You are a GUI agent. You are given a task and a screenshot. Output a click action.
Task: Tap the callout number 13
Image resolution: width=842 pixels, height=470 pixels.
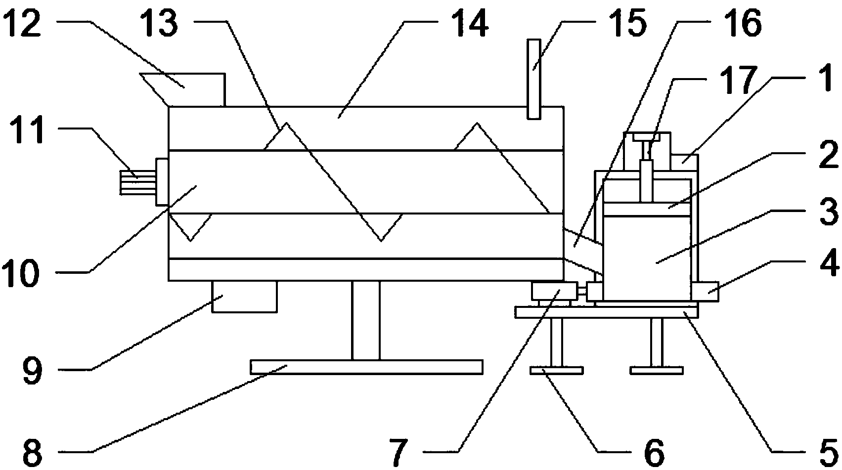161,24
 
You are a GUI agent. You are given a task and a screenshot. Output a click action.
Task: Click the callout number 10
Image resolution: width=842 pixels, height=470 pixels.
24,273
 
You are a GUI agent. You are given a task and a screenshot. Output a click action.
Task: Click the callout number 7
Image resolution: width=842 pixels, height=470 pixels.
399,450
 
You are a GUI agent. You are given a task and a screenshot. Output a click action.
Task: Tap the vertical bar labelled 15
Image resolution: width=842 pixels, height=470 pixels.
533,79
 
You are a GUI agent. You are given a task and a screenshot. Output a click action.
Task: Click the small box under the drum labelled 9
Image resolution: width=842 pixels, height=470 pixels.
244,297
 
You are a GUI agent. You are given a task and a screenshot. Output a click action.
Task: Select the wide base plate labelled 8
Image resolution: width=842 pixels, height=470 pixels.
366,367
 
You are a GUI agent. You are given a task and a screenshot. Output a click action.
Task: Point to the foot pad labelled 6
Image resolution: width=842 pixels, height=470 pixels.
556,370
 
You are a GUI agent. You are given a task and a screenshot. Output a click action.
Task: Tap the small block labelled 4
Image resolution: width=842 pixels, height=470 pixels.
706,291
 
